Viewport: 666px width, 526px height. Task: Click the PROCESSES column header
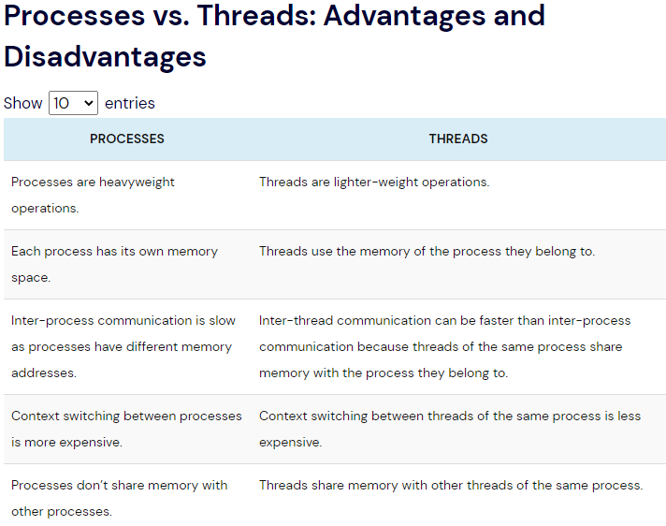click(126, 139)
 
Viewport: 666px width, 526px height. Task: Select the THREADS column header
click(458, 139)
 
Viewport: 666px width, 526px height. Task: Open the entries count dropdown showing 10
click(74, 103)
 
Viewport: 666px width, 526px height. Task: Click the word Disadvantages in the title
click(105, 57)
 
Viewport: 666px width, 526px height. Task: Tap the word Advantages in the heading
click(404, 16)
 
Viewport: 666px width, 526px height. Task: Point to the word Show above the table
click(23, 103)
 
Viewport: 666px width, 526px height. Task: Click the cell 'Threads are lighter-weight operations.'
click(374, 183)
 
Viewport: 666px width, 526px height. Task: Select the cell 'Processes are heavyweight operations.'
click(93, 195)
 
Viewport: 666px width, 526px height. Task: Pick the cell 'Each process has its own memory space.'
click(114, 264)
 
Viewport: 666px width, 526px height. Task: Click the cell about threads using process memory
click(427, 252)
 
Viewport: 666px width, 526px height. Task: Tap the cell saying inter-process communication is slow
click(123, 346)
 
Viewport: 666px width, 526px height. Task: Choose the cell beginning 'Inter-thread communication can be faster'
click(444, 346)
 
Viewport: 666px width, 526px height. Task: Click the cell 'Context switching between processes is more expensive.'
click(126, 429)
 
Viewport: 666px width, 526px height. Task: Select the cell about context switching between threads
click(450, 429)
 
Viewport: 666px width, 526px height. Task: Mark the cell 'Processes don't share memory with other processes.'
click(120, 498)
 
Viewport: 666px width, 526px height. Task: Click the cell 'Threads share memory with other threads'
click(451, 485)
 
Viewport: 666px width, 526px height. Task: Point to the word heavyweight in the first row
click(137, 183)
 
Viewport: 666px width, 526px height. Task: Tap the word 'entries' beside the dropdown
click(130, 103)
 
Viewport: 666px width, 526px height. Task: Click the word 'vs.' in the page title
click(171, 16)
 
